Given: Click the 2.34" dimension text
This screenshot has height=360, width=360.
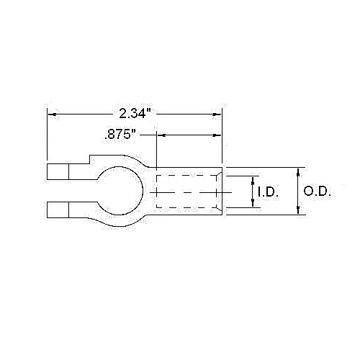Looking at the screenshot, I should click(135, 113).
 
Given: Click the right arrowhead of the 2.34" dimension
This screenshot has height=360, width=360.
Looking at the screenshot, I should click(217, 113).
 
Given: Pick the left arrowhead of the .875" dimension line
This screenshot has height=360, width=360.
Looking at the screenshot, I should click(161, 134).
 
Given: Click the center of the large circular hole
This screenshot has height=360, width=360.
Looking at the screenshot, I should click(122, 192).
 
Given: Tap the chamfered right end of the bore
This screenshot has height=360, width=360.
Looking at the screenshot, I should click(219, 192).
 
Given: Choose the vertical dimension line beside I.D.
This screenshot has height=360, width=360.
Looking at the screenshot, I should click(253, 192).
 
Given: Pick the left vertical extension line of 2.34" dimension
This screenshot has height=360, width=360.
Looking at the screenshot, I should click(48, 137).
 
